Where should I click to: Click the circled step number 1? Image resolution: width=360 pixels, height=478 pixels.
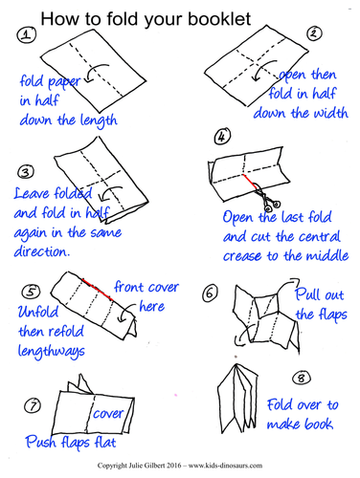click(27, 34)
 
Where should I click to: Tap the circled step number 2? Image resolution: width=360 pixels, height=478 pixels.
click(314, 33)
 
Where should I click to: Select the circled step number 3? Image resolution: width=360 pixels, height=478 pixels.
click(26, 172)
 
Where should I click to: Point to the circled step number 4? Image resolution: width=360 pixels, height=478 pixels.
click(222, 137)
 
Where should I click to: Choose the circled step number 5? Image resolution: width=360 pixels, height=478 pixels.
click(31, 292)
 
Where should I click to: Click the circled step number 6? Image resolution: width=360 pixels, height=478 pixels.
click(210, 293)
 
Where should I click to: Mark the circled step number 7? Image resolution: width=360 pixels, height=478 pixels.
click(33, 406)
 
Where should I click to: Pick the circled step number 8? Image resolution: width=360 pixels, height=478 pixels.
click(301, 379)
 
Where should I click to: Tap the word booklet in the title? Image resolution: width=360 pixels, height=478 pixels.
click(219, 19)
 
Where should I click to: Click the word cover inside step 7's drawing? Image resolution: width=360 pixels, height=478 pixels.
click(108, 414)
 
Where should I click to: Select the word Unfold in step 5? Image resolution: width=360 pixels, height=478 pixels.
click(38, 312)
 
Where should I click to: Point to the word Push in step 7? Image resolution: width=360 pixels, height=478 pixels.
click(41, 442)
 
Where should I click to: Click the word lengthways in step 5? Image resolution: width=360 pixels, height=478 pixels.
click(52, 352)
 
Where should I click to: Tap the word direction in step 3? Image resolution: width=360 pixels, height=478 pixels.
click(41, 251)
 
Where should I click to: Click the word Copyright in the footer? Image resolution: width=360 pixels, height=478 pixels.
click(112, 466)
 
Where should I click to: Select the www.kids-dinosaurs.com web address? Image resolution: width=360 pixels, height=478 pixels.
click(225, 466)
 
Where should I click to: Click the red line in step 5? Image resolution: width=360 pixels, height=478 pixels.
click(97, 290)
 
